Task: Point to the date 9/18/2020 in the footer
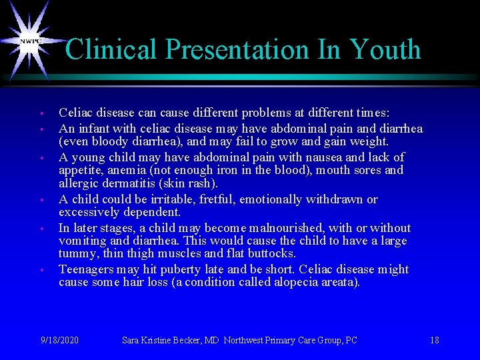(x=59, y=340)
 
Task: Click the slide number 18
(x=434, y=340)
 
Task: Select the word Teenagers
(x=86, y=269)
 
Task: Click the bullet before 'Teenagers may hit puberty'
(x=41, y=270)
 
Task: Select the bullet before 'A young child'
(x=41, y=158)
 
